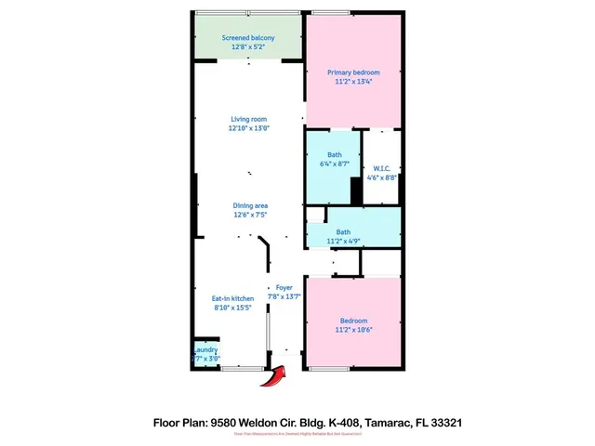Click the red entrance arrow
pyautogui.click(x=274, y=375)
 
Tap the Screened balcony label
pyautogui.click(x=247, y=38)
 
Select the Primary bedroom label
pyautogui.click(x=353, y=72)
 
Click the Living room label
pyautogui.click(x=248, y=119)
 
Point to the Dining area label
pyautogui.click(x=248, y=205)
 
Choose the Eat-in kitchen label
pyautogui.click(x=234, y=298)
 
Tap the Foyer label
pyautogui.click(x=284, y=288)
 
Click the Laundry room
pyautogui.click(x=205, y=353)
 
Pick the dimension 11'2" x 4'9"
pyautogui.click(x=343, y=241)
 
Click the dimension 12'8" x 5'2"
pyautogui.click(x=247, y=46)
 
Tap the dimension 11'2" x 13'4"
pyautogui.click(x=353, y=81)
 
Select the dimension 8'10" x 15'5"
pyautogui.click(x=234, y=308)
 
